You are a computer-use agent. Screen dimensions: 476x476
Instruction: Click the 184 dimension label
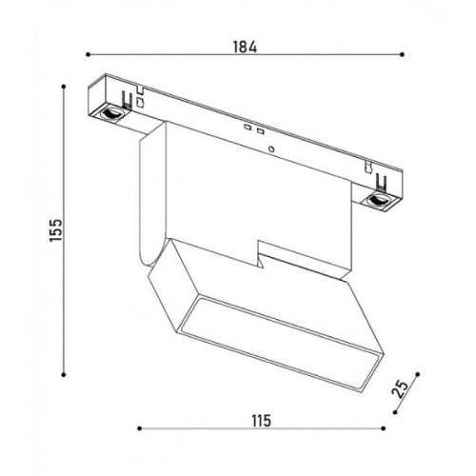pyautogui.click(x=245, y=47)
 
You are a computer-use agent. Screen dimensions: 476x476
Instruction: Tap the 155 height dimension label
pyautogui.click(x=56, y=230)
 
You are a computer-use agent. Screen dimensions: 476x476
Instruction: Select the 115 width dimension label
pyautogui.click(x=262, y=421)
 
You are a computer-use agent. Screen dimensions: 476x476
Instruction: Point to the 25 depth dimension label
pyautogui.click(x=400, y=389)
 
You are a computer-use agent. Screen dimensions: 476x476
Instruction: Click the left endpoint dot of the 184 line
pyautogui.click(x=88, y=54)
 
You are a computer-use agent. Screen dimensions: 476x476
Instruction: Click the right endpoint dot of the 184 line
pyautogui.click(x=402, y=54)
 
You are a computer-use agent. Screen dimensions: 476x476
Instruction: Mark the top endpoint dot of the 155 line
pyautogui.click(x=64, y=87)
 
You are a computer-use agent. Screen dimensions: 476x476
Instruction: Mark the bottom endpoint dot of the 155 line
pyautogui.click(x=64, y=375)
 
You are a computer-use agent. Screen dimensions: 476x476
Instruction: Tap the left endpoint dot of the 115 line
pyautogui.click(x=139, y=428)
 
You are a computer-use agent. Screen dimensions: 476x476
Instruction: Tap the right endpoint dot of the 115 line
pyautogui.click(x=384, y=428)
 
